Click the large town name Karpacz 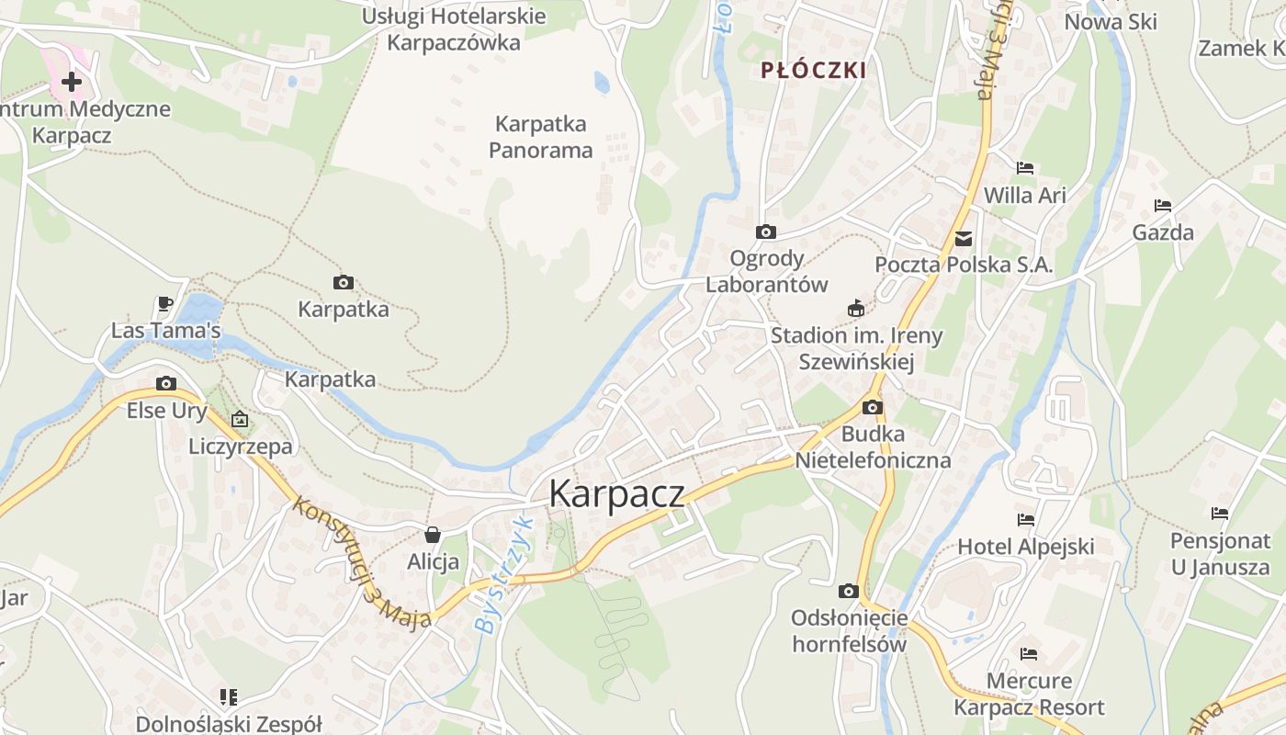coord(616,494)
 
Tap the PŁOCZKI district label coord(814,71)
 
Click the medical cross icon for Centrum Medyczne coord(72,82)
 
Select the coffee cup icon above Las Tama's coord(165,303)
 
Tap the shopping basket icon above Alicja coord(433,534)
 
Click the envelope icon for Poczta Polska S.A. coord(964,239)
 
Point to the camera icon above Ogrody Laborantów coord(766,232)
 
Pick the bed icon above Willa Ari coord(1025,168)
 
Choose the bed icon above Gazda coord(1163,206)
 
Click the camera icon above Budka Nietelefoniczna coord(873,407)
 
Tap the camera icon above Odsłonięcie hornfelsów coord(849,591)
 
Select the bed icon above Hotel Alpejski coord(1026,520)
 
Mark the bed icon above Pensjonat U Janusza coord(1220,514)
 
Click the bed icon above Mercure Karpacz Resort coord(1029,654)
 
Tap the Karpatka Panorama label coord(541,137)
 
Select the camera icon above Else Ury coord(166,383)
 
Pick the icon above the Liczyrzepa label coord(240,419)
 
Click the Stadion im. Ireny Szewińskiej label coord(856,348)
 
